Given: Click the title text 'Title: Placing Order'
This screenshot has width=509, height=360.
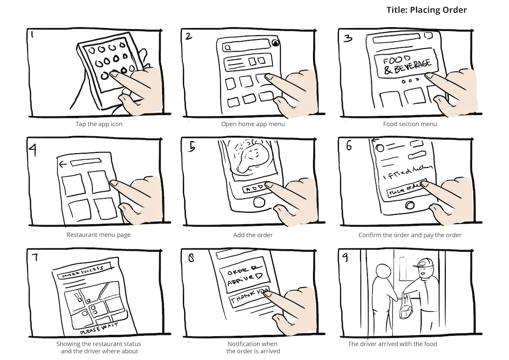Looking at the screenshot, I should point(426,10).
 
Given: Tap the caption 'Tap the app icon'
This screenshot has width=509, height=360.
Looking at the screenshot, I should point(99,124).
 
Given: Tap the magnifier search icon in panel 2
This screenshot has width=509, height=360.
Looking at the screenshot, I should point(228,48).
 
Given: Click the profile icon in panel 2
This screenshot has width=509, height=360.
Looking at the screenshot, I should point(275,43).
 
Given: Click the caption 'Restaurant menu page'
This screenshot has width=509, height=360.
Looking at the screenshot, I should point(98,235).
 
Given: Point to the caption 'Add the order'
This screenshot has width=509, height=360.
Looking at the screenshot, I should point(253,235).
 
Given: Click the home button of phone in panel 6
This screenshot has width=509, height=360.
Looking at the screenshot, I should point(410,205).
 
